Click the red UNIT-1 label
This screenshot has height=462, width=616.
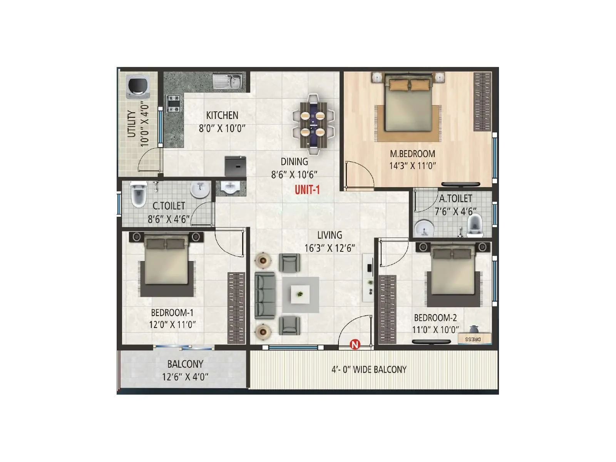(x=307, y=190)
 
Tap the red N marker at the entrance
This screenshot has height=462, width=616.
(x=355, y=345)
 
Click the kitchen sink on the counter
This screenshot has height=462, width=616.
(x=228, y=82)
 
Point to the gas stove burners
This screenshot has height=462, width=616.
(x=173, y=103)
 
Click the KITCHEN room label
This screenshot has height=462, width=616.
(x=222, y=115)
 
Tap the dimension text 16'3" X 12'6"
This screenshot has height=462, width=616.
(x=330, y=248)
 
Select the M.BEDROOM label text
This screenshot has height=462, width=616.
(x=412, y=154)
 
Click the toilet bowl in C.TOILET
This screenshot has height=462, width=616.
(x=138, y=195)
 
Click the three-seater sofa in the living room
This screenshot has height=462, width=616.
(x=265, y=295)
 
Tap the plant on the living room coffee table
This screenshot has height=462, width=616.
(x=300, y=295)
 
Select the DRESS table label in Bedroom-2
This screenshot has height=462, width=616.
(x=473, y=339)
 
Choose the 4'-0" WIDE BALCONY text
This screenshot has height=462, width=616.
(x=369, y=370)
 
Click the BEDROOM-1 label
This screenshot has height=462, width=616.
(x=172, y=313)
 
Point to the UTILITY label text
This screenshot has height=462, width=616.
(x=132, y=124)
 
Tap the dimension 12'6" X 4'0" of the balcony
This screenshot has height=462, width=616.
(x=185, y=377)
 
